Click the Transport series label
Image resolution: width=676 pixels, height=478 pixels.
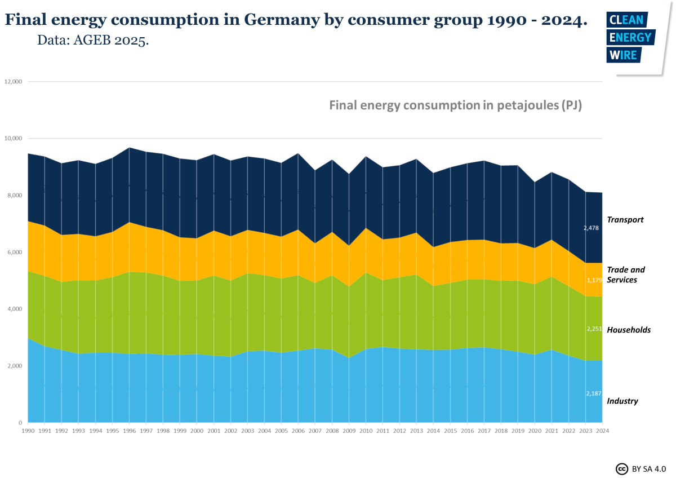click(625, 220)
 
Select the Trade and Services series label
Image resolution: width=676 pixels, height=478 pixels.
click(625, 275)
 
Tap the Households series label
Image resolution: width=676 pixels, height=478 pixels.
click(628, 330)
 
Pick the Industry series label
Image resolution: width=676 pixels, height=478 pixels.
click(622, 401)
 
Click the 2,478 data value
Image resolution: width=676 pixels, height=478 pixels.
click(591, 228)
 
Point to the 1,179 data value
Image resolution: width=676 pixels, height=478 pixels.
click(594, 280)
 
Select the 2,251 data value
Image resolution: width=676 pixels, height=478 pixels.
click(594, 329)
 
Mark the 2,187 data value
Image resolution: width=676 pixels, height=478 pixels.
click(594, 393)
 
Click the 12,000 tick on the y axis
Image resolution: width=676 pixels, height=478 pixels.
click(13, 82)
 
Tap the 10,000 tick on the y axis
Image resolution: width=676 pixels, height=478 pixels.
click(13, 139)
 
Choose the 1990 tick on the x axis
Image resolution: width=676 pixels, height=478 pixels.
click(28, 431)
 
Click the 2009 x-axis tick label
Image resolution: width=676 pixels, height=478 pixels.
click(349, 431)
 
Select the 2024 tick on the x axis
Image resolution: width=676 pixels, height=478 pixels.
click(602, 431)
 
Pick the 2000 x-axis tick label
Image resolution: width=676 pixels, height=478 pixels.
click(197, 431)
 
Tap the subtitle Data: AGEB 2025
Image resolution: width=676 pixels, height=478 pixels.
click(93, 41)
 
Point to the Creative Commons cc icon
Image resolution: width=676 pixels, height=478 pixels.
click(622, 468)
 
